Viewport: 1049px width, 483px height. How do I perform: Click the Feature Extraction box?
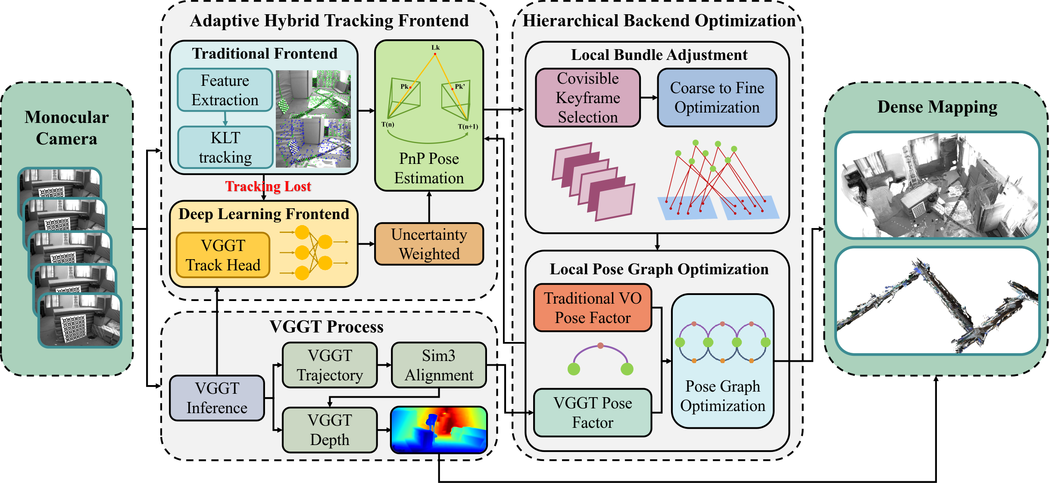point(225,90)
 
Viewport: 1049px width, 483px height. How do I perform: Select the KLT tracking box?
point(225,147)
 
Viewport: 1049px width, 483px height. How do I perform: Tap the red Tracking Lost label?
point(268,186)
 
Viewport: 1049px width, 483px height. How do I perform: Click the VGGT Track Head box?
point(223,255)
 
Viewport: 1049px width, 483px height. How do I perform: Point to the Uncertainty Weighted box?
point(429,244)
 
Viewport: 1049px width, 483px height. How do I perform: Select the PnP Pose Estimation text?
point(429,168)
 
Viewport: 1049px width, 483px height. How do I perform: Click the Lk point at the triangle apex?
point(435,53)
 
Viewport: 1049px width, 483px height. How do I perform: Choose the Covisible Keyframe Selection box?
point(587,98)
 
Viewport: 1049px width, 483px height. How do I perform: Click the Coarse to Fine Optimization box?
point(717,98)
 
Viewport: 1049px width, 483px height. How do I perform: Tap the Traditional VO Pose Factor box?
point(593,308)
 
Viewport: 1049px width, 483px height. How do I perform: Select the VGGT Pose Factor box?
point(593,413)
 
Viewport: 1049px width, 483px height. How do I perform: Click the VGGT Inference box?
point(217,398)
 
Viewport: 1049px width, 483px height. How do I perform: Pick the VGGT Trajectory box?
point(330,365)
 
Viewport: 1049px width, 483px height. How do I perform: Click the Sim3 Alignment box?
point(439,365)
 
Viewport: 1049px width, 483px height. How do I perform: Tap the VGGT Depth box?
point(330,430)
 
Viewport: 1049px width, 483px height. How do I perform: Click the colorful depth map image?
point(439,430)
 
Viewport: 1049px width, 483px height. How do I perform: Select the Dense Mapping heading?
point(937,107)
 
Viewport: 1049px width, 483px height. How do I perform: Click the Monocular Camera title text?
point(66,128)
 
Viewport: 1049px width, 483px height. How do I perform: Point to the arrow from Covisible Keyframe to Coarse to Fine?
point(649,98)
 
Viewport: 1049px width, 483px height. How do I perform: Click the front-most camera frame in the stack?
point(80,320)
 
